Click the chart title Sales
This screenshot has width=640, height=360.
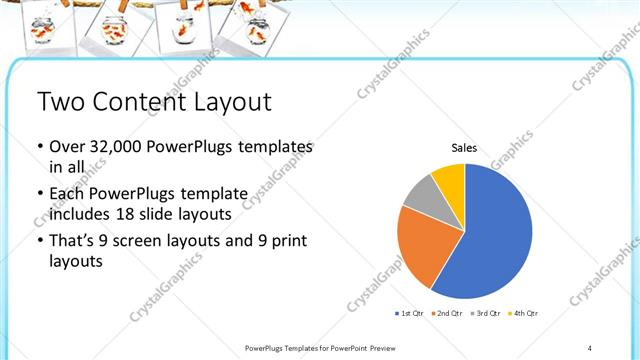tap(464, 148)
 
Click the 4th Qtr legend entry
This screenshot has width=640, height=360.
tap(524, 314)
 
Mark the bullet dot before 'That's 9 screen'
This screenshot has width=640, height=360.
tap(39, 241)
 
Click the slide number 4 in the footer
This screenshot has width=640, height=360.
tap(590, 347)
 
